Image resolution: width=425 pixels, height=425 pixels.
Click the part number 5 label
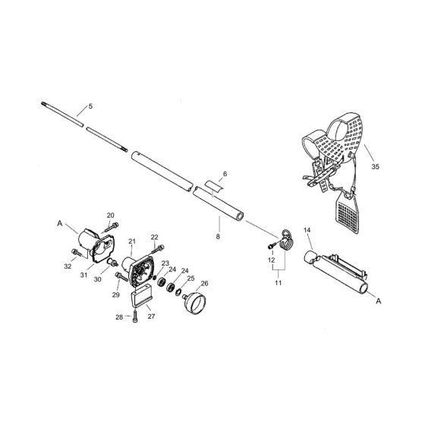click(90, 107)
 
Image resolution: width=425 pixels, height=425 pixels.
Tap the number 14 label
click(307, 230)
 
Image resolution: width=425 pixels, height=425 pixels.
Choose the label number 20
click(111, 216)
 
